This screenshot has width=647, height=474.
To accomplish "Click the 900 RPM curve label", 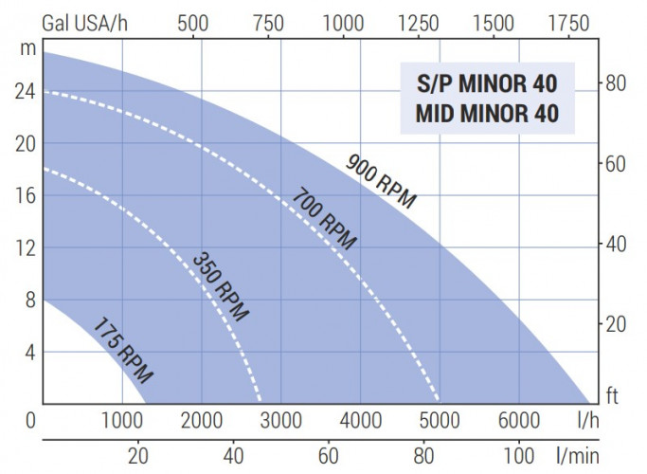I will tap(382, 179).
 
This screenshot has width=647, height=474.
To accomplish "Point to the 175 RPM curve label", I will tap(122, 350).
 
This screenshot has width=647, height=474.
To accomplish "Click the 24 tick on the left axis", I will tap(23, 92).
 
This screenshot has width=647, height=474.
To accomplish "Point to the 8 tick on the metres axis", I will tap(28, 301).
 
